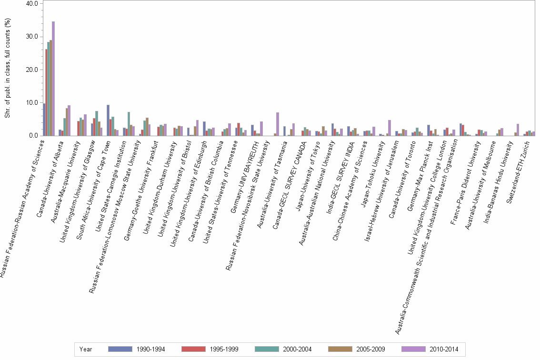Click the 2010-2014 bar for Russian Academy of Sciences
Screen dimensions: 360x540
53,79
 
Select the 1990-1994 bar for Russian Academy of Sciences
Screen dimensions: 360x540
44,120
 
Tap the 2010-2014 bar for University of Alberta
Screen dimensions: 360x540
69,120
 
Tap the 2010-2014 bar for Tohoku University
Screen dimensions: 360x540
389,128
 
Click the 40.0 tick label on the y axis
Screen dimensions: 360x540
31,4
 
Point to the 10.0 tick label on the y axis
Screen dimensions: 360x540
31,103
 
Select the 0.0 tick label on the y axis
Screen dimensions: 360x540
33,136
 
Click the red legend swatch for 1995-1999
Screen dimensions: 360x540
193,349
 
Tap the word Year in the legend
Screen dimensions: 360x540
86,349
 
